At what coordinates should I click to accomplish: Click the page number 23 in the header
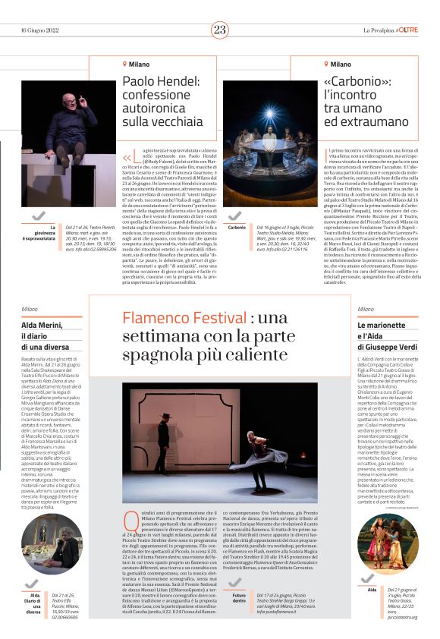click(220, 30)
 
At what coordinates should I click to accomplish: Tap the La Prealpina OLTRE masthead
click(390, 30)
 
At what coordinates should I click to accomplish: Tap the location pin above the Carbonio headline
click(327, 65)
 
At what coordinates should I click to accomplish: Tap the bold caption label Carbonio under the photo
click(236, 227)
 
